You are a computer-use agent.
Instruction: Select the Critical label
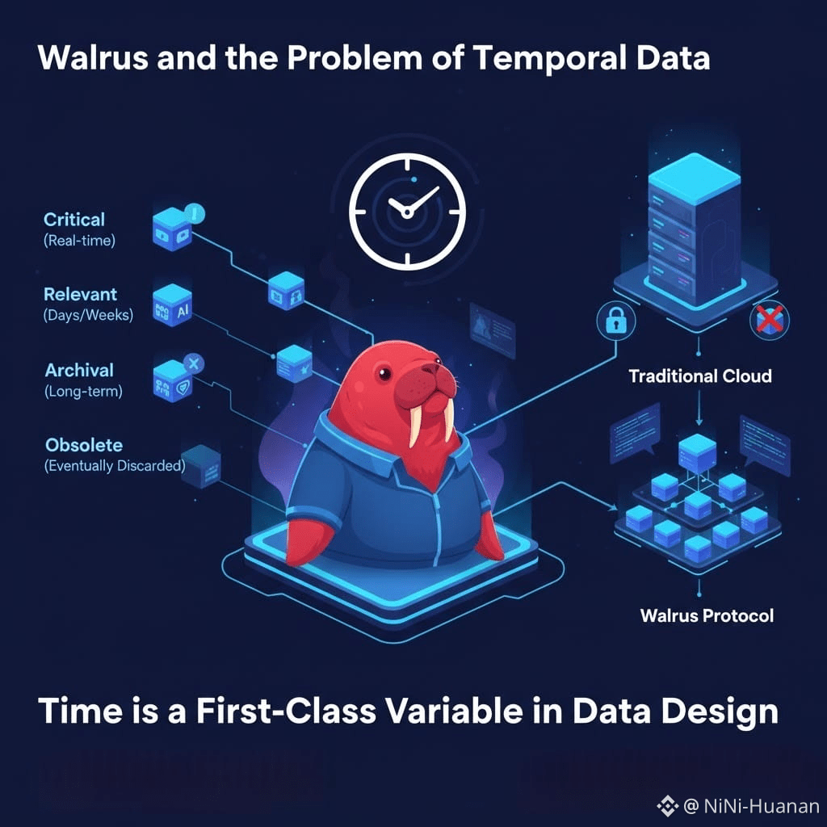[x=74, y=219]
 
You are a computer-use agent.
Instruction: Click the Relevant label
[x=80, y=294]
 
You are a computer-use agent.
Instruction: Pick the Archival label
[x=79, y=370]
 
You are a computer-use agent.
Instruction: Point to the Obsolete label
[x=84, y=445]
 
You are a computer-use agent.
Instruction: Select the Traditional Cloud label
[x=699, y=376]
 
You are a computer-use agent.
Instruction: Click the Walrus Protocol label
[x=707, y=615]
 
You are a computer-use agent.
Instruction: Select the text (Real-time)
[x=79, y=240]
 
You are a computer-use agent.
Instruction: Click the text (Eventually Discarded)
[x=115, y=466]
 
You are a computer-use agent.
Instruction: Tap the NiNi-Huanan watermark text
[x=760, y=806]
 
